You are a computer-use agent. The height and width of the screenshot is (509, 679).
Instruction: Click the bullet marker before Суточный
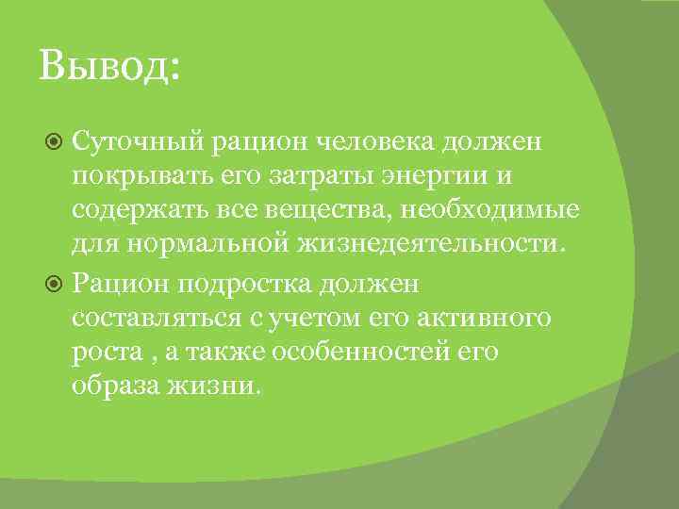(x=54, y=142)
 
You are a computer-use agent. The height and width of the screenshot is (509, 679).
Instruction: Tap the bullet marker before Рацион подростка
(x=54, y=283)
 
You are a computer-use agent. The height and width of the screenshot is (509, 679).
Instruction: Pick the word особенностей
(x=356, y=353)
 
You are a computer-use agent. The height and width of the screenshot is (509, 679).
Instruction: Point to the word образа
(x=114, y=387)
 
